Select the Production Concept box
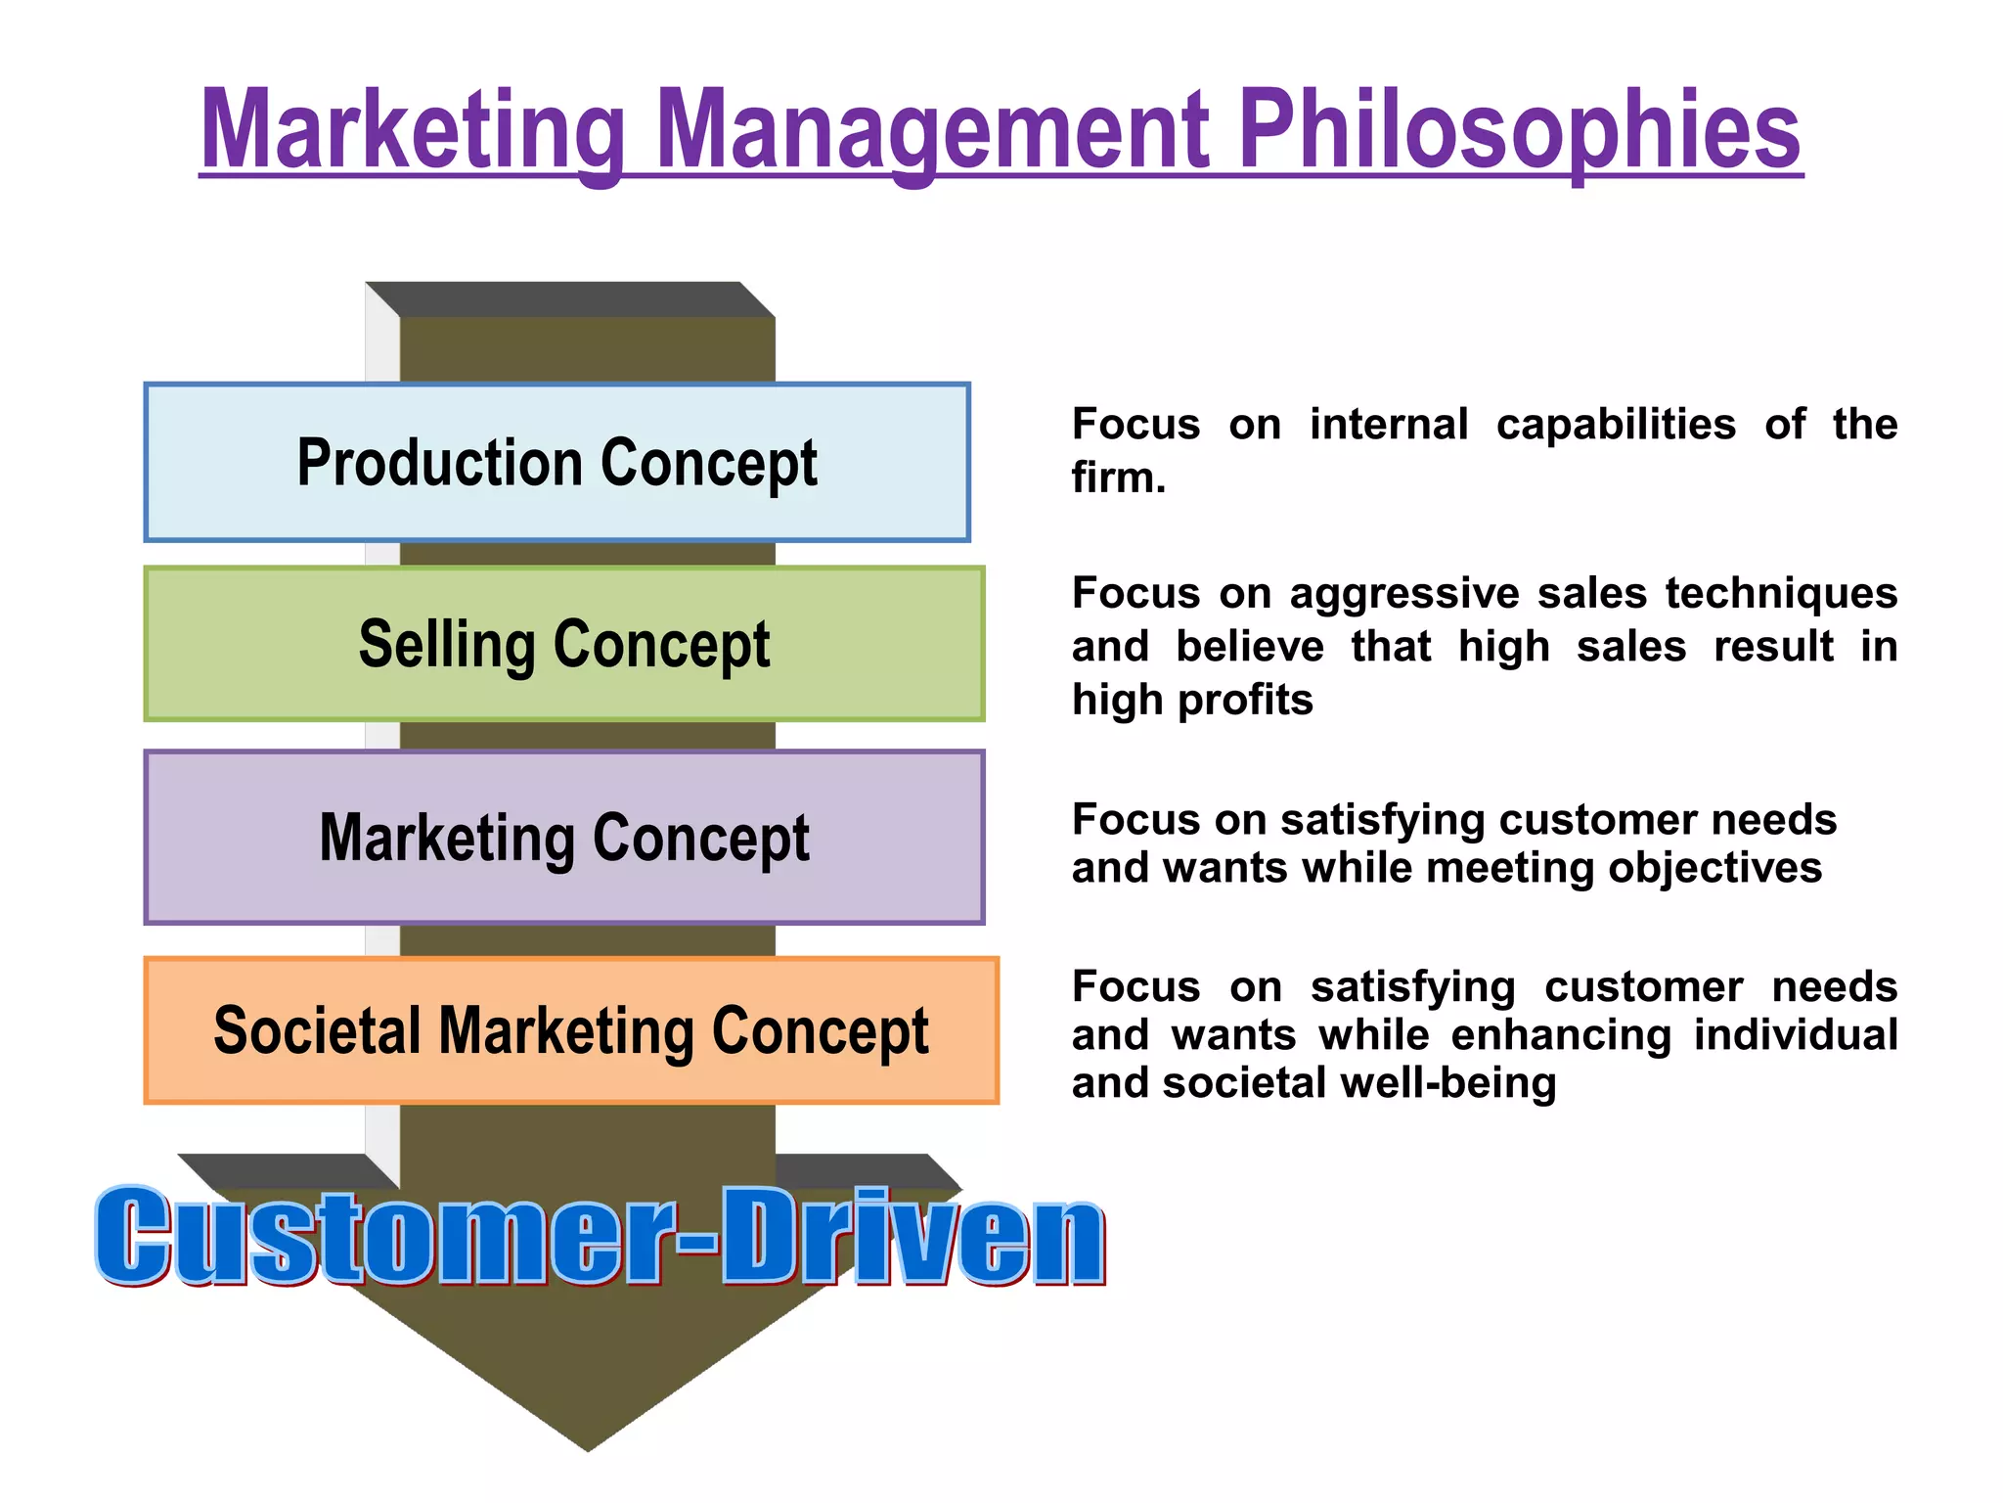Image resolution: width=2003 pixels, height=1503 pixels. (x=556, y=462)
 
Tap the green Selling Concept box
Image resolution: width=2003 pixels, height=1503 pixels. (x=563, y=644)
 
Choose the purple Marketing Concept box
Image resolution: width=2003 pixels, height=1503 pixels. (x=563, y=838)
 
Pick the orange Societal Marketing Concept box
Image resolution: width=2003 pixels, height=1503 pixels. (x=571, y=1030)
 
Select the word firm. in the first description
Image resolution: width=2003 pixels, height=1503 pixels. (x=1119, y=478)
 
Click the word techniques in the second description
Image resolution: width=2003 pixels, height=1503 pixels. (x=1780, y=594)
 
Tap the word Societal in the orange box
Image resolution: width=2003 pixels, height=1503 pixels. (x=316, y=1030)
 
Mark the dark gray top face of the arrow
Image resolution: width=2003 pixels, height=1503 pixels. (x=570, y=299)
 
